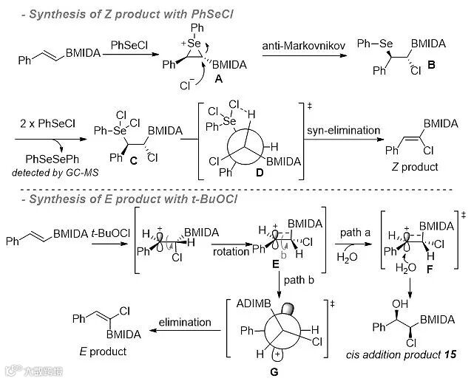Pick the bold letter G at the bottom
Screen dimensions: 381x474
tap(274, 371)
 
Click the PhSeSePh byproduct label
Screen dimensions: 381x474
tap(51, 159)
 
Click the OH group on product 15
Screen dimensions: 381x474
tap(381, 303)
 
